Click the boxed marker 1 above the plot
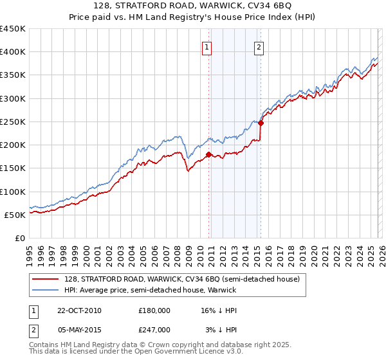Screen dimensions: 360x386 [x=207, y=47]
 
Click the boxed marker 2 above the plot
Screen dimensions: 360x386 [x=259, y=47]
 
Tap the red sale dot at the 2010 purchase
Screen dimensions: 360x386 [x=209, y=154]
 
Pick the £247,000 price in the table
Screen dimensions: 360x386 [x=154, y=329]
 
